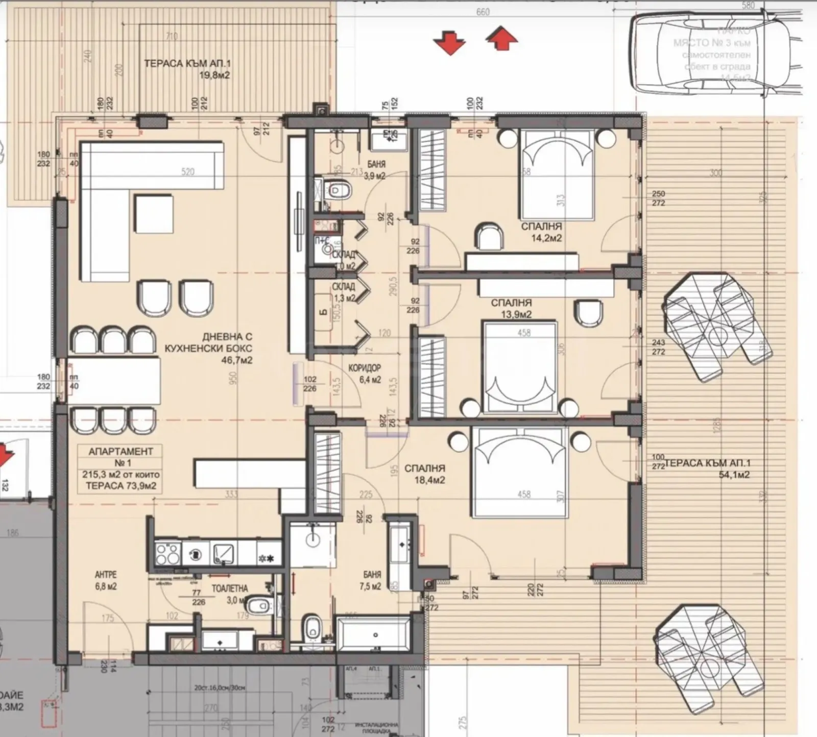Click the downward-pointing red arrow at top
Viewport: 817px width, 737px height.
pyautogui.click(x=450, y=42)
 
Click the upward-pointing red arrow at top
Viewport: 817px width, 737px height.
pyautogui.click(x=502, y=39)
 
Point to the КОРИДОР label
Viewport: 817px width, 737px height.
pyautogui.click(x=365, y=368)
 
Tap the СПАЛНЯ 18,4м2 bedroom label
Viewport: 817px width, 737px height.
pyautogui.click(x=425, y=474)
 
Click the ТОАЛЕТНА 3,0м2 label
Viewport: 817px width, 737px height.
pyautogui.click(x=230, y=594)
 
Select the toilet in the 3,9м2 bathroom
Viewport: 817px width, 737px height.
pyautogui.click(x=339, y=191)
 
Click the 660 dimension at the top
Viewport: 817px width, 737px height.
pyautogui.click(x=483, y=12)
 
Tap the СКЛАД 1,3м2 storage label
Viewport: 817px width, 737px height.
pyautogui.click(x=343, y=292)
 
